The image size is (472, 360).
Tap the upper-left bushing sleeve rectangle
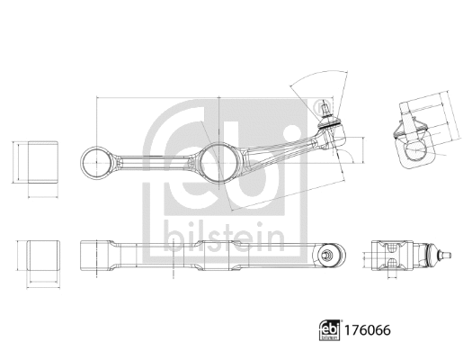click(x=37, y=160)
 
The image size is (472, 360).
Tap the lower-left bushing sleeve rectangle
click(x=37, y=256)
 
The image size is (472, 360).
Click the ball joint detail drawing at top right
click(x=414, y=135)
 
